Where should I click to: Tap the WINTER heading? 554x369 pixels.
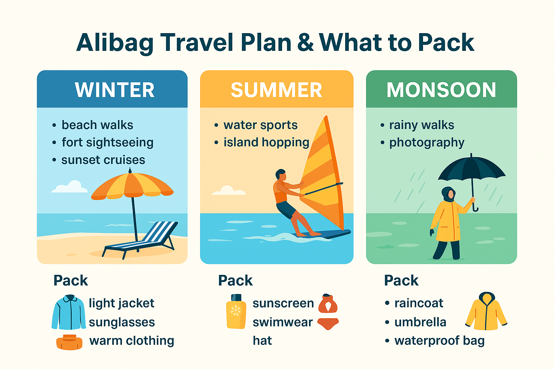coord(115,90)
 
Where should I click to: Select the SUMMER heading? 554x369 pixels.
coord(277,90)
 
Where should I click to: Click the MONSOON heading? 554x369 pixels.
coord(441,90)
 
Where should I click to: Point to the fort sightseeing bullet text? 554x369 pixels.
coord(107,143)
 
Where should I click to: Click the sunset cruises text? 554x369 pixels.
coord(103,160)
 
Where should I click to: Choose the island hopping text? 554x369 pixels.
coord(267,143)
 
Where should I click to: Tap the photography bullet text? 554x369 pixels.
coord(427,143)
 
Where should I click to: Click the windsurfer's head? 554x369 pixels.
coord(281,174)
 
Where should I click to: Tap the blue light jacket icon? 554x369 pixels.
coord(69,312)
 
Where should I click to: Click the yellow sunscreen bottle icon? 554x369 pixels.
coord(236,311)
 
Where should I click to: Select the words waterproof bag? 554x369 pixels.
coord(439,341)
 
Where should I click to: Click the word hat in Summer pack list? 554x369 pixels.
coord(262,341)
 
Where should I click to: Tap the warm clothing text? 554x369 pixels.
coord(132,341)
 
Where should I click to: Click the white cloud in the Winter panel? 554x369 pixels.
coord(69,187)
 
